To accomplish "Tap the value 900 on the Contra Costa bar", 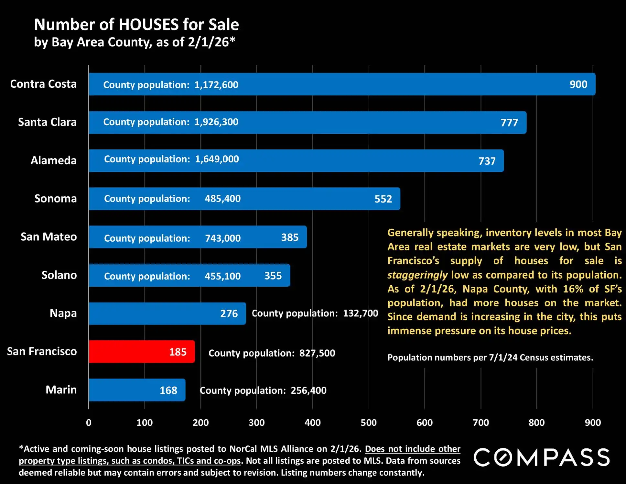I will [x=578, y=84].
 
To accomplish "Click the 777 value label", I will [x=509, y=123].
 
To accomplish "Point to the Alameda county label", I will [x=53, y=160].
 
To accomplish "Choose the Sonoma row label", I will [x=56, y=199].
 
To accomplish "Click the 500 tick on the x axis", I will [x=369, y=423].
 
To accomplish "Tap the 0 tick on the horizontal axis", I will [x=89, y=423].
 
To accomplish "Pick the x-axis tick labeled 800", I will [x=536, y=423].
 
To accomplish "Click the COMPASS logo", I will [x=542, y=457].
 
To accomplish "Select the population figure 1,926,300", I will [x=216, y=122].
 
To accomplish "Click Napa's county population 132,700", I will [x=360, y=313].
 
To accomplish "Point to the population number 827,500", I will [x=317, y=353].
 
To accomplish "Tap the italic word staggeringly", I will [x=417, y=275].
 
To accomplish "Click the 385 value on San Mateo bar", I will [x=290, y=237].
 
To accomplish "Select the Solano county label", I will [x=59, y=275].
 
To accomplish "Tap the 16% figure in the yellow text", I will [x=573, y=289].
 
